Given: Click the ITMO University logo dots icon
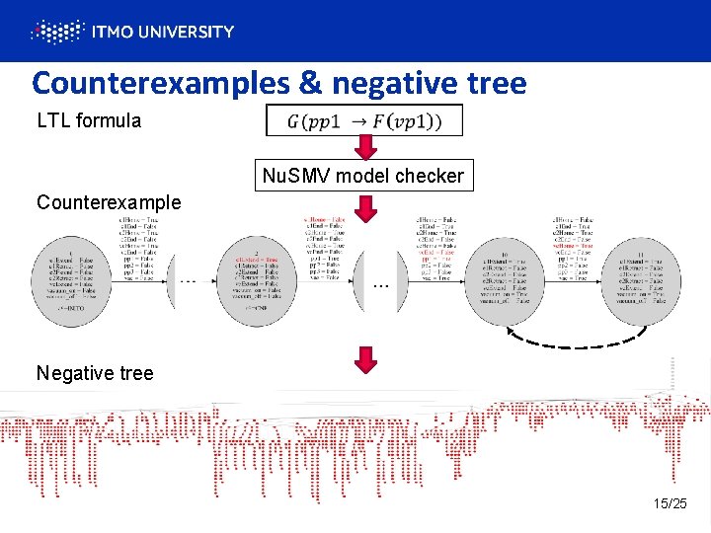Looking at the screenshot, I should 55,32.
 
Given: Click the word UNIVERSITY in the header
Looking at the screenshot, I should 183,32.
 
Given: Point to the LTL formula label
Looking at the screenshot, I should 89,121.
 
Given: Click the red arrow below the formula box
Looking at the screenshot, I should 366,147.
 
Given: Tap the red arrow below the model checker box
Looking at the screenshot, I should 366,206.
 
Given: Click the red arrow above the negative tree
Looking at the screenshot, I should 366,360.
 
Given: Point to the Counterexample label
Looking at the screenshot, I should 109,202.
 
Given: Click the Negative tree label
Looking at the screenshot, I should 95,373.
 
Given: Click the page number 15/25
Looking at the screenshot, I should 670,503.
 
